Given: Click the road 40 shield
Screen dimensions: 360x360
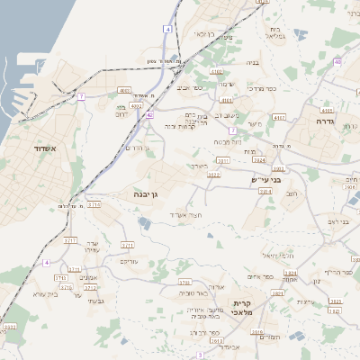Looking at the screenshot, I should tap(337, 62).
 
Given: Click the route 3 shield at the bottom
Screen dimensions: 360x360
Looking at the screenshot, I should tap(200, 355).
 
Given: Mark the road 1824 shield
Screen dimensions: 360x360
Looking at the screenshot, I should tap(290, 272).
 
